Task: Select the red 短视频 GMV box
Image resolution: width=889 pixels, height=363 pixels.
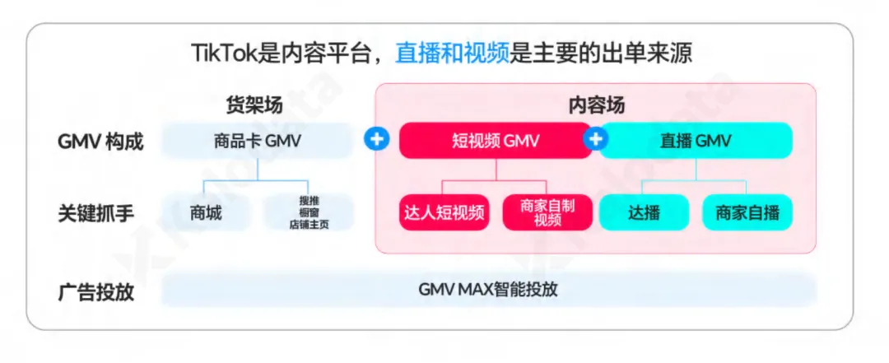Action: (x=495, y=141)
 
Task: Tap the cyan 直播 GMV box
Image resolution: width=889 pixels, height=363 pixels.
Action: (x=696, y=141)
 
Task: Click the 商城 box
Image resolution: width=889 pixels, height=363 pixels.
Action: (x=206, y=213)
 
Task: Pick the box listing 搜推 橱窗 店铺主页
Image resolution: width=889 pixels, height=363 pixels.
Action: (x=309, y=213)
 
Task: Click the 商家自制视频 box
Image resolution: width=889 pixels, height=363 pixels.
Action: (x=547, y=213)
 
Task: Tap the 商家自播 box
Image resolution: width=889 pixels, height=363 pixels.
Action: (x=747, y=213)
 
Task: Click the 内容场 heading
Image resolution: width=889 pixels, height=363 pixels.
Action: (x=597, y=105)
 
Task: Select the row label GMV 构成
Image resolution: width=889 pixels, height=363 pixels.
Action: (x=100, y=142)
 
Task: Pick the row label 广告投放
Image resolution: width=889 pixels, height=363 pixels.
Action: (x=95, y=291)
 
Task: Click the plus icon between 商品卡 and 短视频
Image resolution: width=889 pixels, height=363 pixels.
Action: (x=376, y=140)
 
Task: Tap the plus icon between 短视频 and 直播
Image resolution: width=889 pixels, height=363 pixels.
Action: (x=594, y=140)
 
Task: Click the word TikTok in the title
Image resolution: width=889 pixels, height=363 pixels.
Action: (x=221, y=54)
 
